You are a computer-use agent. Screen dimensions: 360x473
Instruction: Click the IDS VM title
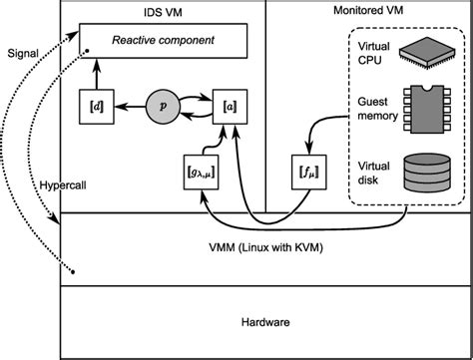[163, 10]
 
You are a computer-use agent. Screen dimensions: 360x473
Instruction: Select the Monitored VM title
[368, 10]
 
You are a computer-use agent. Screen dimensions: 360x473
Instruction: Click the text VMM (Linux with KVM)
[264, 246]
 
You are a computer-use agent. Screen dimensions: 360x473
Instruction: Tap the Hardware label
[264, 322]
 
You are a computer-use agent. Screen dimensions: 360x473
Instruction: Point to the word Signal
[22, 52]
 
